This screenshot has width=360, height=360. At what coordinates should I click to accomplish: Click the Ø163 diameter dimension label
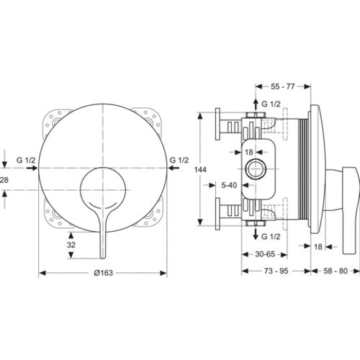pos(103,273)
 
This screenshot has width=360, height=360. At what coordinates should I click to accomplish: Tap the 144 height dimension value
pos(200,170)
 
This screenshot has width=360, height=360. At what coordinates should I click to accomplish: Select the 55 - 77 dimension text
pos(283,86)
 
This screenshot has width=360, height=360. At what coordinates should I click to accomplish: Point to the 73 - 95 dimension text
pos(276,271)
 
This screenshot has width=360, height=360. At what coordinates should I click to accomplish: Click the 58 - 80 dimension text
pos(336,271)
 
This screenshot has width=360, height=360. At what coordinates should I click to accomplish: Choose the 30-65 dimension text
pos(265,254)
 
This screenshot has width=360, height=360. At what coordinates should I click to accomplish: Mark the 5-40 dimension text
pos(229,185)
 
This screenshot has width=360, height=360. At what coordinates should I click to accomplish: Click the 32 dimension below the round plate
pos(71,245)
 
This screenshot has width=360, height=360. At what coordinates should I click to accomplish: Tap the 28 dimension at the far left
pos(4,179)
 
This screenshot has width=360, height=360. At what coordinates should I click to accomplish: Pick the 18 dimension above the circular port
pos(249,152)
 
